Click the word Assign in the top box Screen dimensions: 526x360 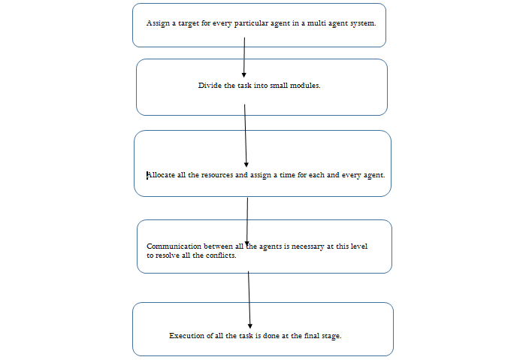[158, 23]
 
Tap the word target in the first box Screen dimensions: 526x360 [189, 23]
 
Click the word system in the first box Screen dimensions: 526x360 [363, 23]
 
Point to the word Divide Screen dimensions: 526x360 [210, 85]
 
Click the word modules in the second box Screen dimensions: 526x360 [305, 85]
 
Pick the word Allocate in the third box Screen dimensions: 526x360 [161, 175]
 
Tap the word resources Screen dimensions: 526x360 [216, 175]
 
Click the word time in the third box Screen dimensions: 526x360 [288, 175]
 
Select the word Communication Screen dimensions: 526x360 [174, 247]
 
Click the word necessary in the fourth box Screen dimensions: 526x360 [307, 247]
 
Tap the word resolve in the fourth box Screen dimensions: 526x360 [168, 256]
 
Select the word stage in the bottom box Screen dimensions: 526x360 [332, 336]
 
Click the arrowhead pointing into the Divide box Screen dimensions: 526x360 [244, 75]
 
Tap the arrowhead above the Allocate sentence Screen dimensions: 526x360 [246, 165]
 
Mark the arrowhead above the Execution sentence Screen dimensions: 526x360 [250, 326]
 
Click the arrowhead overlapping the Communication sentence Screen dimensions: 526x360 [247, 244]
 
